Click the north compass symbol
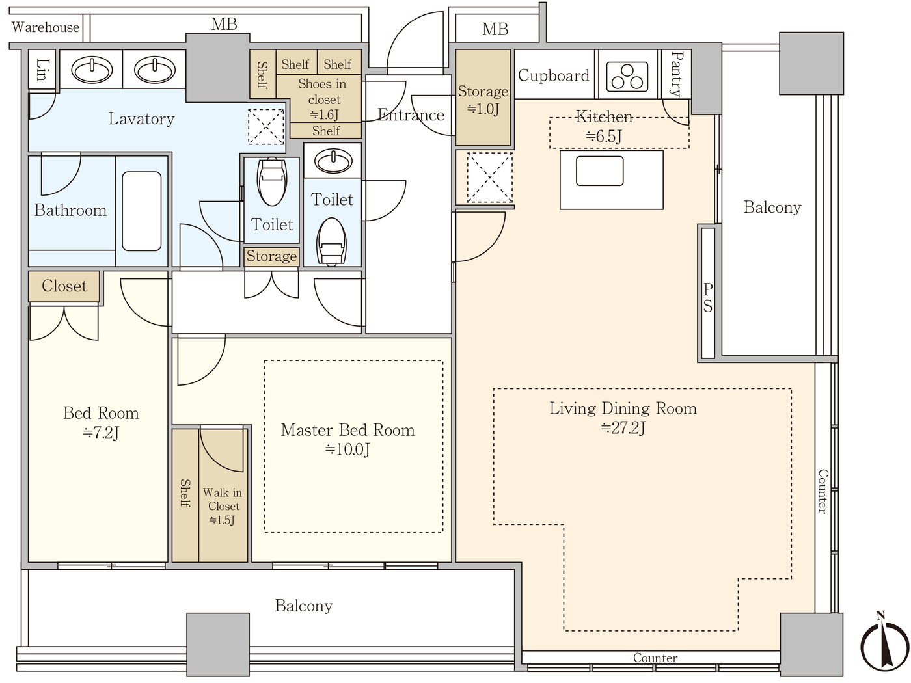tap(884, 645)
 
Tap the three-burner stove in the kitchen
tap(627, 77)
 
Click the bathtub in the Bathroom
tap(141, 211)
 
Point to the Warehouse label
tap(46, 27)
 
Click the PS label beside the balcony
tap(708, 297)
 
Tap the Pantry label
tap(677, 74)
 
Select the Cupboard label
tap(554, 75)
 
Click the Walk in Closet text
tap(223, 500)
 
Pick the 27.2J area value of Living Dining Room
tap(623, 428)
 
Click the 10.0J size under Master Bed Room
tap(347, 449)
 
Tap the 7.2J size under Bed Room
tap(101, 433)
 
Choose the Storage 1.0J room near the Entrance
tap(483, 99)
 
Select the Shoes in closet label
tap(323, 92)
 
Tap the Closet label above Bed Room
tap(64, 286)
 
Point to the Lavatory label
tap(141, 119)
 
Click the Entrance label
tap(411, 115)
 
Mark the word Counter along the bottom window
tap(655, 658)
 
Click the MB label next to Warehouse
tap(224, 25)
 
